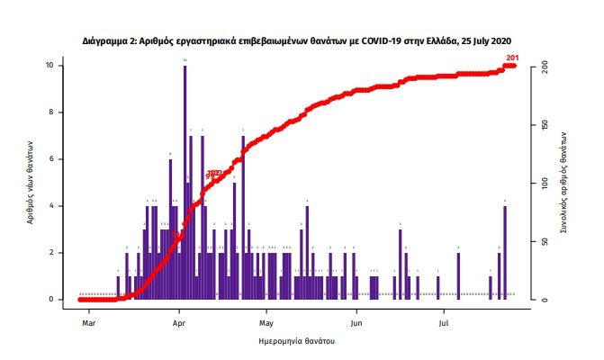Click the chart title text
[302, 41]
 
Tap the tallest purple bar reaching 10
[185, 180]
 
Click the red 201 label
[513, 58]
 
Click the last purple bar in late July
[505, 252]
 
